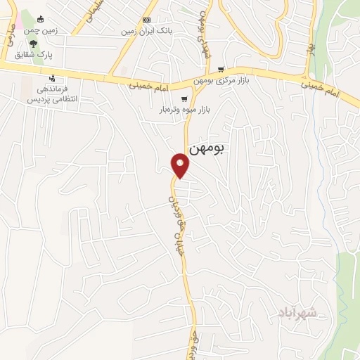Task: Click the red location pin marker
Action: pos(181,165)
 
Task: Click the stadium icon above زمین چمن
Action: pos(40,19)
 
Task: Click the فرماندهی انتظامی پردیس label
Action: pos(51,94)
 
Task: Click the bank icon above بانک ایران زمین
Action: pos(146,20)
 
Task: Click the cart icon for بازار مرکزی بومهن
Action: pos(221,70)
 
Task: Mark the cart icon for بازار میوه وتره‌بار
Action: pos(184,99)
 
